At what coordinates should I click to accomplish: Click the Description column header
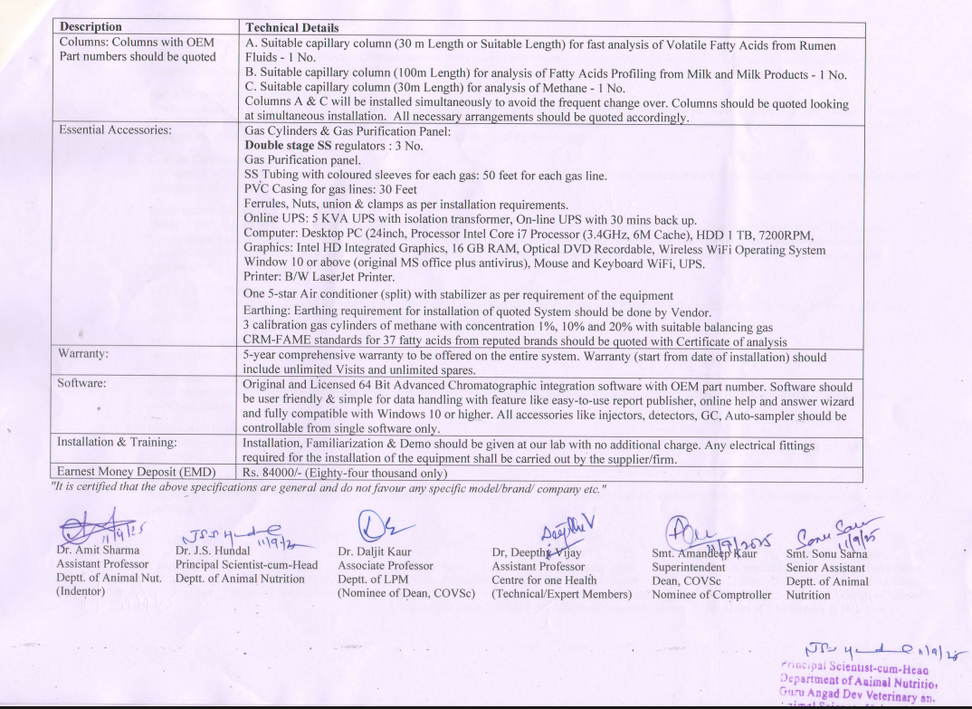pos(91,27)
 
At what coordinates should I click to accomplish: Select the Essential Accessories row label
pos(115,130)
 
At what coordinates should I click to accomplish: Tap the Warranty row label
pos(84,355)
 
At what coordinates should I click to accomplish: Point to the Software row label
pos(81,383)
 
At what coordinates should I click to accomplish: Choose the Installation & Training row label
pos(117,443)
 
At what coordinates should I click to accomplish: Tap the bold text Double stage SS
pos(290,145)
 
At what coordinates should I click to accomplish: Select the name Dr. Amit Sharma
pos(98,550)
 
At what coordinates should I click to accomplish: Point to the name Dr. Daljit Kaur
pos(375,551)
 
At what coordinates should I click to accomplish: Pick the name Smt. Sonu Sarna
pos(826,553)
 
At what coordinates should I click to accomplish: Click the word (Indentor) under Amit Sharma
pos(81,591)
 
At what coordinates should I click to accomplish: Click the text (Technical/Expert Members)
pos(561,594)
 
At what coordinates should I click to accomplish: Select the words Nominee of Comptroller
pos(711,595)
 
